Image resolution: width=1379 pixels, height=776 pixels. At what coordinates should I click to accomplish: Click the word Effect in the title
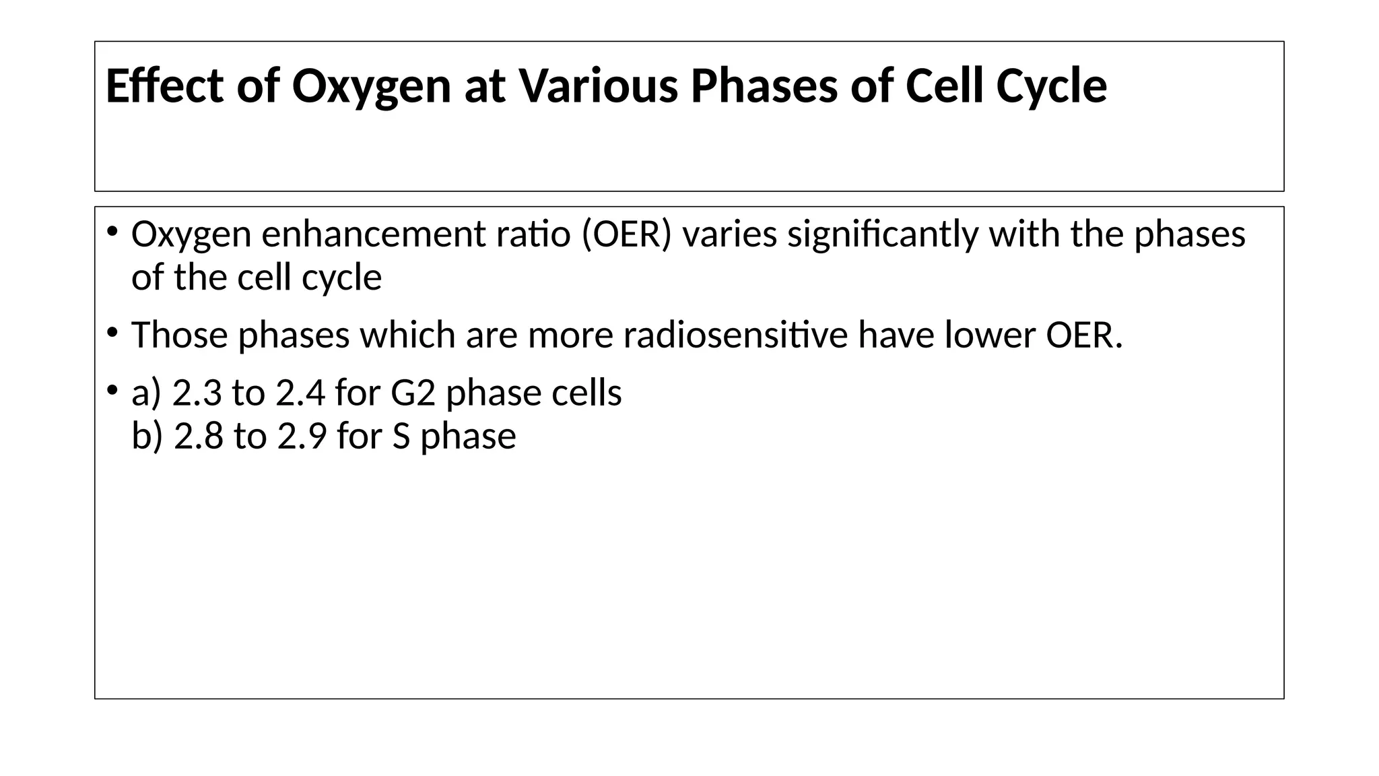coord(164,86)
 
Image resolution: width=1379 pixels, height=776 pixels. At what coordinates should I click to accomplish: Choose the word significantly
coord(882,234)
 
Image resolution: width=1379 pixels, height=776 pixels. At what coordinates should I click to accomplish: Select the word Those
coord(180,335)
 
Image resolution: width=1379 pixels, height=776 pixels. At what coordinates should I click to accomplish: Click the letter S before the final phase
coord(401,436)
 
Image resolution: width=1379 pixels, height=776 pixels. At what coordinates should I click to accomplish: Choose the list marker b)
coord(147,436)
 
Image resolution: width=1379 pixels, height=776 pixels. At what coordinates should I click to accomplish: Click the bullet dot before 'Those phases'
coord(112,332)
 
